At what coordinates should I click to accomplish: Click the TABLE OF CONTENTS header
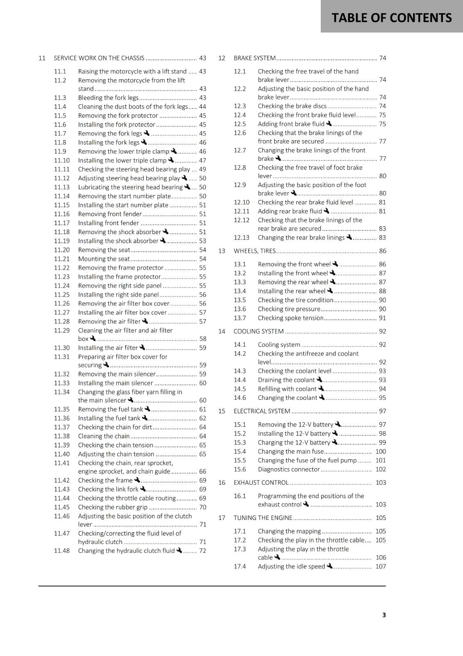(x=391, y=18)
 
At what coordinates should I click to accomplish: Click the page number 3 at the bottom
(x=384, y=615)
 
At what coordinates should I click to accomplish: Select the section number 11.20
(x=62, y=250)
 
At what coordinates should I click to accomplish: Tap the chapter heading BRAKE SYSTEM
(x=254, y=58)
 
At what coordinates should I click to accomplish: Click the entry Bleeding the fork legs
(x=108, y=98)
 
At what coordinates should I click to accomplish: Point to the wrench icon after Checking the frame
(x=137, y=480)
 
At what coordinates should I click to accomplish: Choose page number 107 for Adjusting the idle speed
(x=381, y=566)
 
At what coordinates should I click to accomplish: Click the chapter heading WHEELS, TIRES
(x=254, y=251)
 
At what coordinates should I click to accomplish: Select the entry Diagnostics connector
(x=288, y=469)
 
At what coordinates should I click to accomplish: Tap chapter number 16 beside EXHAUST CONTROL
(x=222, y=483)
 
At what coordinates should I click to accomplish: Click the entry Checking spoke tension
(x=291, y=318)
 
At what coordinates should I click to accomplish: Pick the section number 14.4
(x=240, y=380)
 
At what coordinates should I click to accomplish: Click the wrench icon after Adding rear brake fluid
(x=327, y=211)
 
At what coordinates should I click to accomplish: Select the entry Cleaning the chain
(x=104, y=436)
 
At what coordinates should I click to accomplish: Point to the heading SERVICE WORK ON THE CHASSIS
(x=99, y=58)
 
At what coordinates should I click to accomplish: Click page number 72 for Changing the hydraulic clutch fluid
(x=202, y=551)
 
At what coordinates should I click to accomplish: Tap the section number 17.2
(x=240, y=540)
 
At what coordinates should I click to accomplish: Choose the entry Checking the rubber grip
(x=113, y=507)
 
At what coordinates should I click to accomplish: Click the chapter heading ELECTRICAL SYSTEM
(x=262, y=411)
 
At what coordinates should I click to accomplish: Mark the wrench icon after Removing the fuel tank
(x=148, y=409)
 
